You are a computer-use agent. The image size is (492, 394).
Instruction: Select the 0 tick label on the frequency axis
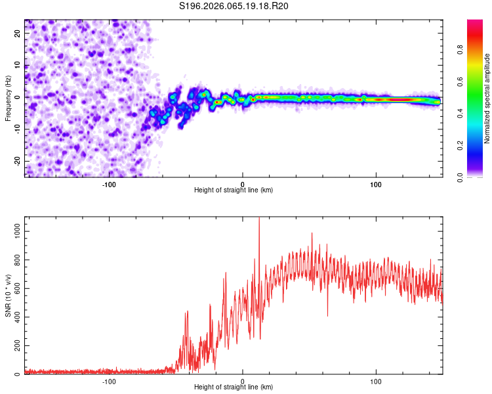tap(17, 97)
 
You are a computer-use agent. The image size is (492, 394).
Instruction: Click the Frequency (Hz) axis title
tap(8, 97)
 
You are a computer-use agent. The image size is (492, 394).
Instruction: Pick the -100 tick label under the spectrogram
tap(109, 183)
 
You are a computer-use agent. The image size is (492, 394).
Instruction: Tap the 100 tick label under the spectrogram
tap(376, 183)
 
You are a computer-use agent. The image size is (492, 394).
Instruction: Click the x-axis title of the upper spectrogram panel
tap(234, 190)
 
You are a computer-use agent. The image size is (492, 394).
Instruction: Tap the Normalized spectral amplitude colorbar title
tap(487, 98)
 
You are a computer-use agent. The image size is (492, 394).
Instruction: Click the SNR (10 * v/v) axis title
tap(8, 295)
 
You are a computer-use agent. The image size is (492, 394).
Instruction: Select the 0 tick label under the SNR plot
tap(243, 381)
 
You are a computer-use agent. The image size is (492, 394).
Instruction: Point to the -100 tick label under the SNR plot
tap(109, 381)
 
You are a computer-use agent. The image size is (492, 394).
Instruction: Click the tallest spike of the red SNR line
tap(259, 219)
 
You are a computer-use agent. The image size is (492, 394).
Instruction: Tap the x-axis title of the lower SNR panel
tap(234, 388)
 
